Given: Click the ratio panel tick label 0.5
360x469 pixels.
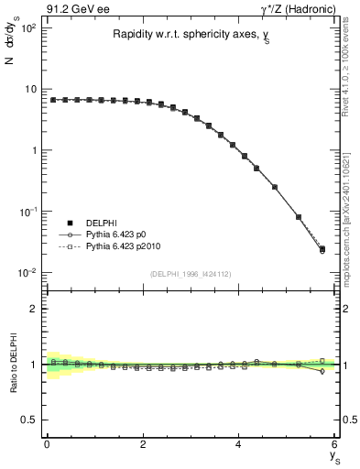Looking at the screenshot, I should pos(28,420).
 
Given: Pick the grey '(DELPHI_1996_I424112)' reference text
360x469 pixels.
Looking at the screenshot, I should pos(191,273).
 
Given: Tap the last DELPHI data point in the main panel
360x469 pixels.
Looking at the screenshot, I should pos(322,248).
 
